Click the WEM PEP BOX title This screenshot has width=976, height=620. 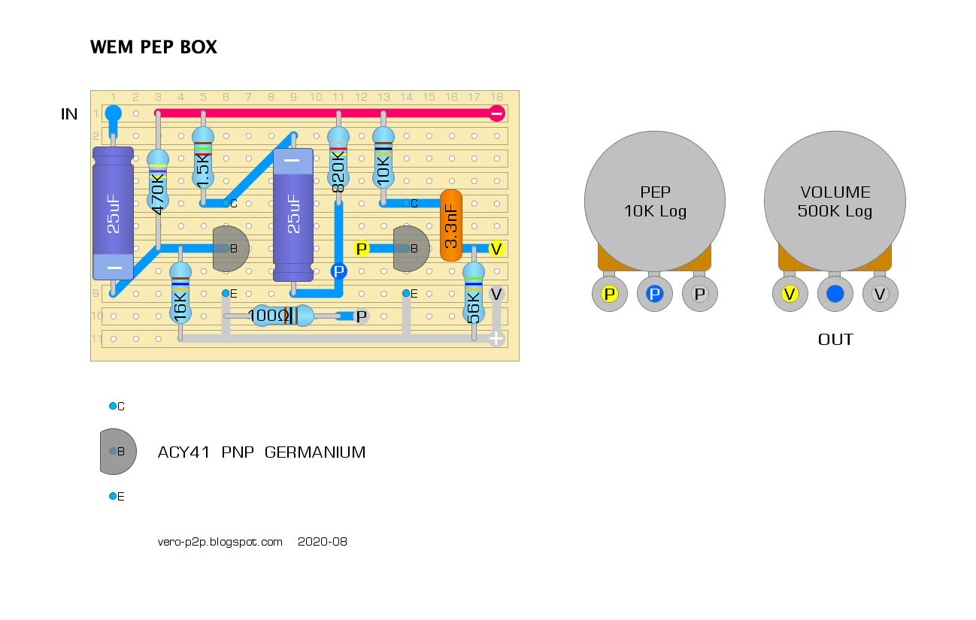(153, 47)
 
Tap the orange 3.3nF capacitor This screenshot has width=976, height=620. (450, 225)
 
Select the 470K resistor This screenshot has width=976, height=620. (158, 180)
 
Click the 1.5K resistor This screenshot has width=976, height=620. (203, 158)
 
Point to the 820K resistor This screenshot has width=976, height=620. (338, 159)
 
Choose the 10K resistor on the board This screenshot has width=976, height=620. (383, 158)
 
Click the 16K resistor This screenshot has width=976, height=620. (180, 293)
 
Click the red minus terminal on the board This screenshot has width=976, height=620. (496, 113)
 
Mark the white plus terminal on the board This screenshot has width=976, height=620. (496, 339)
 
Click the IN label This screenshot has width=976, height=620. (69, 114)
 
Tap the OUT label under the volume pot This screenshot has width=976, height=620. (835, 340)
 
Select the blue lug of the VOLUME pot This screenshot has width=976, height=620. (835, 294)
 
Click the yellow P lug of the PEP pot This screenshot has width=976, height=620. (610, 294)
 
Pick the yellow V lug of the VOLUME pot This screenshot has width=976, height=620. (790, 294)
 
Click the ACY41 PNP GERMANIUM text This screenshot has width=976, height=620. (261, 452)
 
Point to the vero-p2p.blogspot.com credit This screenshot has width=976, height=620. (220, 541)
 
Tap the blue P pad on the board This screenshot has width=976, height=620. (338, 271)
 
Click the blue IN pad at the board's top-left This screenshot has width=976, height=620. (113, 113)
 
